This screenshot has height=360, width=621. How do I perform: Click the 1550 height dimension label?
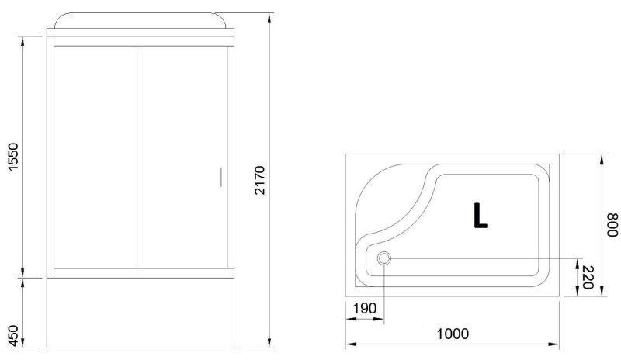point(13,157)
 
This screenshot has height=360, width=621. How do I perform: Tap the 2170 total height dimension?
point(259,180)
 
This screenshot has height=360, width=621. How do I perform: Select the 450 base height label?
point(13,335)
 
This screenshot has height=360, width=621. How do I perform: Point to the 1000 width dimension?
point(453,334)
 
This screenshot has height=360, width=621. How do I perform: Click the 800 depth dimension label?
point(612,224)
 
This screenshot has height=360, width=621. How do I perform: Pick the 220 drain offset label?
point(587,277)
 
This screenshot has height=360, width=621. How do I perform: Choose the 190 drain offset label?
point(364,308)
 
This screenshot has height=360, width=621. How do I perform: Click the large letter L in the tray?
point(480,216)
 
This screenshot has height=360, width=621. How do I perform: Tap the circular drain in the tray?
point(383,258)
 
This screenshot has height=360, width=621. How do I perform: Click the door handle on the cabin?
point(221,177)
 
